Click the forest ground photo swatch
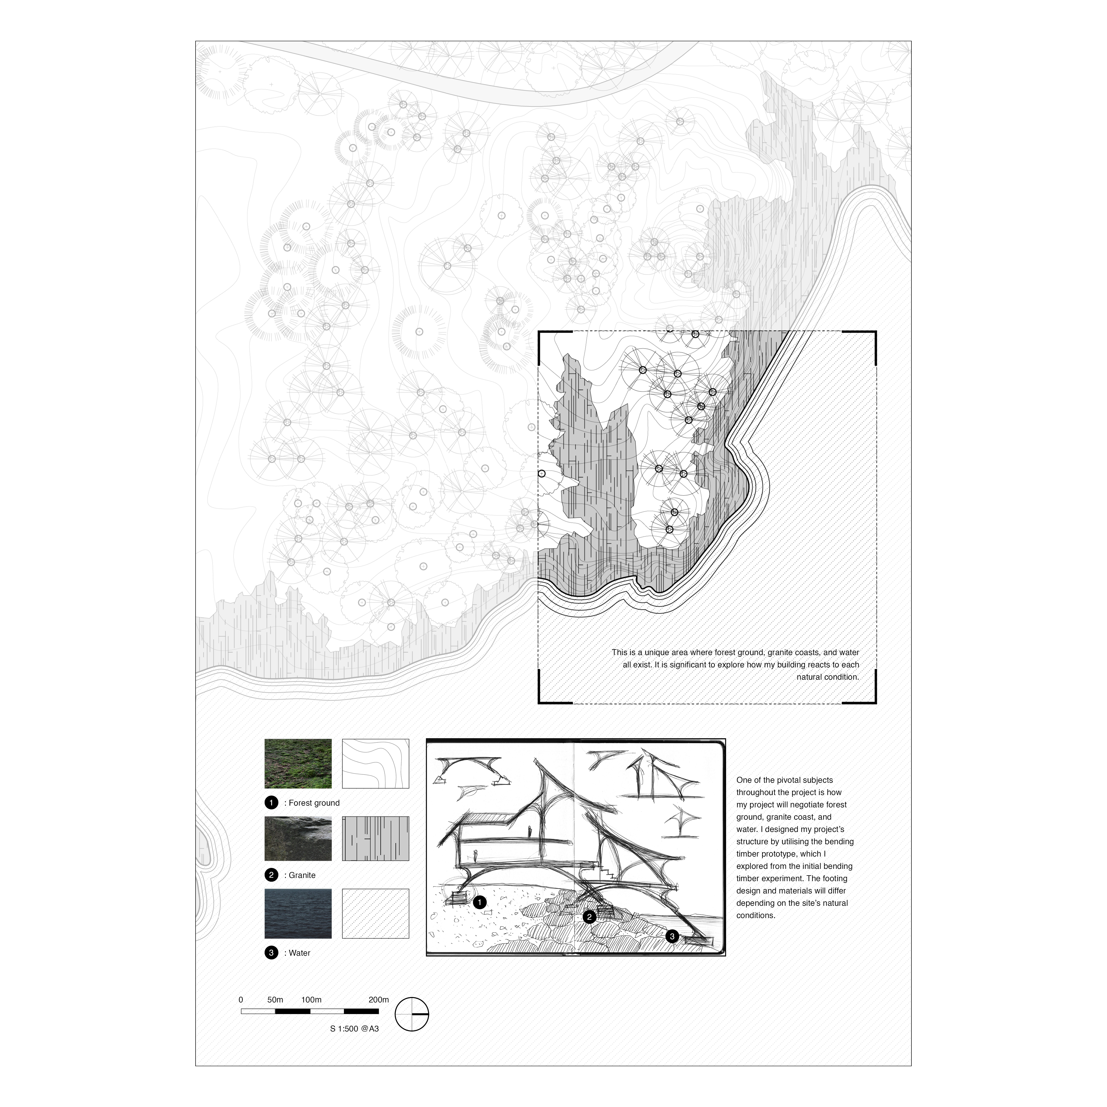click(298, 764)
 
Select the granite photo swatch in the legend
click(298, 838)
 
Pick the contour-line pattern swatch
click(375, 764)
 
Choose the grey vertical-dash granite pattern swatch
click(375, 838)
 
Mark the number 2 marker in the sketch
click(589, 917)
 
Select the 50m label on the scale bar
click(275, 1000)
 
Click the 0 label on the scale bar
click(241, 1000)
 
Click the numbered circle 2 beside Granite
click(272, 875)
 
